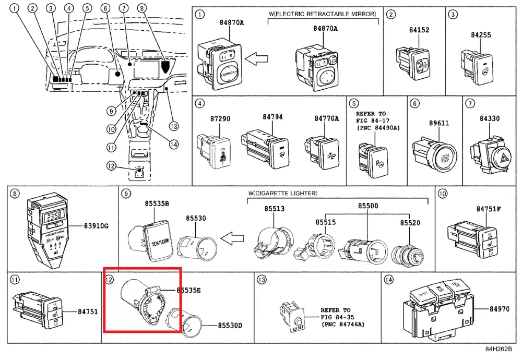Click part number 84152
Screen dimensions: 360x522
click(419, 30)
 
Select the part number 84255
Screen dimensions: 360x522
click(481, 34)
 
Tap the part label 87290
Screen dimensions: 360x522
click(220, 119)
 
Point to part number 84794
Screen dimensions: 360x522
click(272, 117)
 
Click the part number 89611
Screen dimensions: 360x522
click(439, 123)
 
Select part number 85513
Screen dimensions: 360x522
click(275, 209)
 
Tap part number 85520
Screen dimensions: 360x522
click(410, 222)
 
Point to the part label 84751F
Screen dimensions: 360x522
click(488, 209)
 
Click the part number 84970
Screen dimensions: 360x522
click(500, 309)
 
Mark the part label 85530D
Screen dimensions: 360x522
click(230, 326)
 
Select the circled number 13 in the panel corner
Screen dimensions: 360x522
click(262, 280)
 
